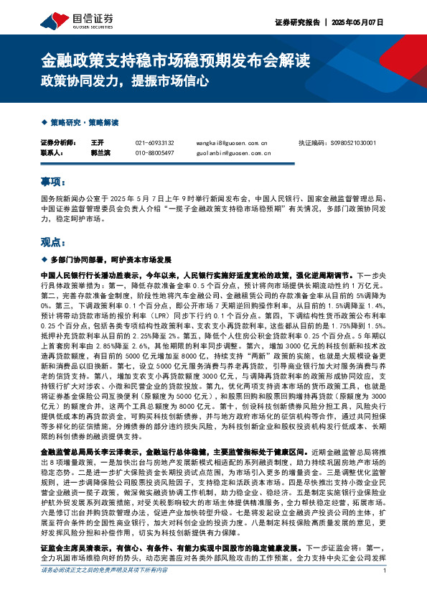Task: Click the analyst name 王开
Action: [x=98, y=143]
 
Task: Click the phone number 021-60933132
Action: [x=154, y=143]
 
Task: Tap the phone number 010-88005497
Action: [x=154, y=153]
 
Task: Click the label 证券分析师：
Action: [x=57, y=143]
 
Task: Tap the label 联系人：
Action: [x=52, y=153]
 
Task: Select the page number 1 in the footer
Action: [x=385, y=591]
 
